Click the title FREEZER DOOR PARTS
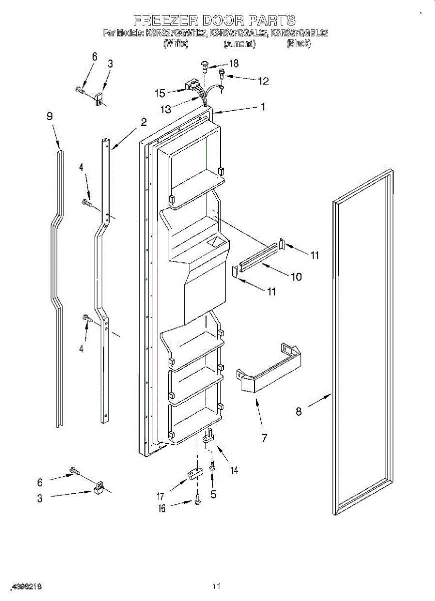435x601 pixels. point(214,21)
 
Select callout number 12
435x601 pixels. point(263,81)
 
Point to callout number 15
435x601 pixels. point(160,93)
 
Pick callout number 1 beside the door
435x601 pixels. point(263,107)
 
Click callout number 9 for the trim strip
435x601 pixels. point(50,116)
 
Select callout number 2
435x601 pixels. point(144,122)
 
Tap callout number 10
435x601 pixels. point(296,276)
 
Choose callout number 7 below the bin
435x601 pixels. point(264,438)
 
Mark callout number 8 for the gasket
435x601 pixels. point(299,412)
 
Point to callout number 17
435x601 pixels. point(161,497)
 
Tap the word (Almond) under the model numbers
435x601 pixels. point(239,44)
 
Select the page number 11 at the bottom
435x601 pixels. point(217,585)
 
